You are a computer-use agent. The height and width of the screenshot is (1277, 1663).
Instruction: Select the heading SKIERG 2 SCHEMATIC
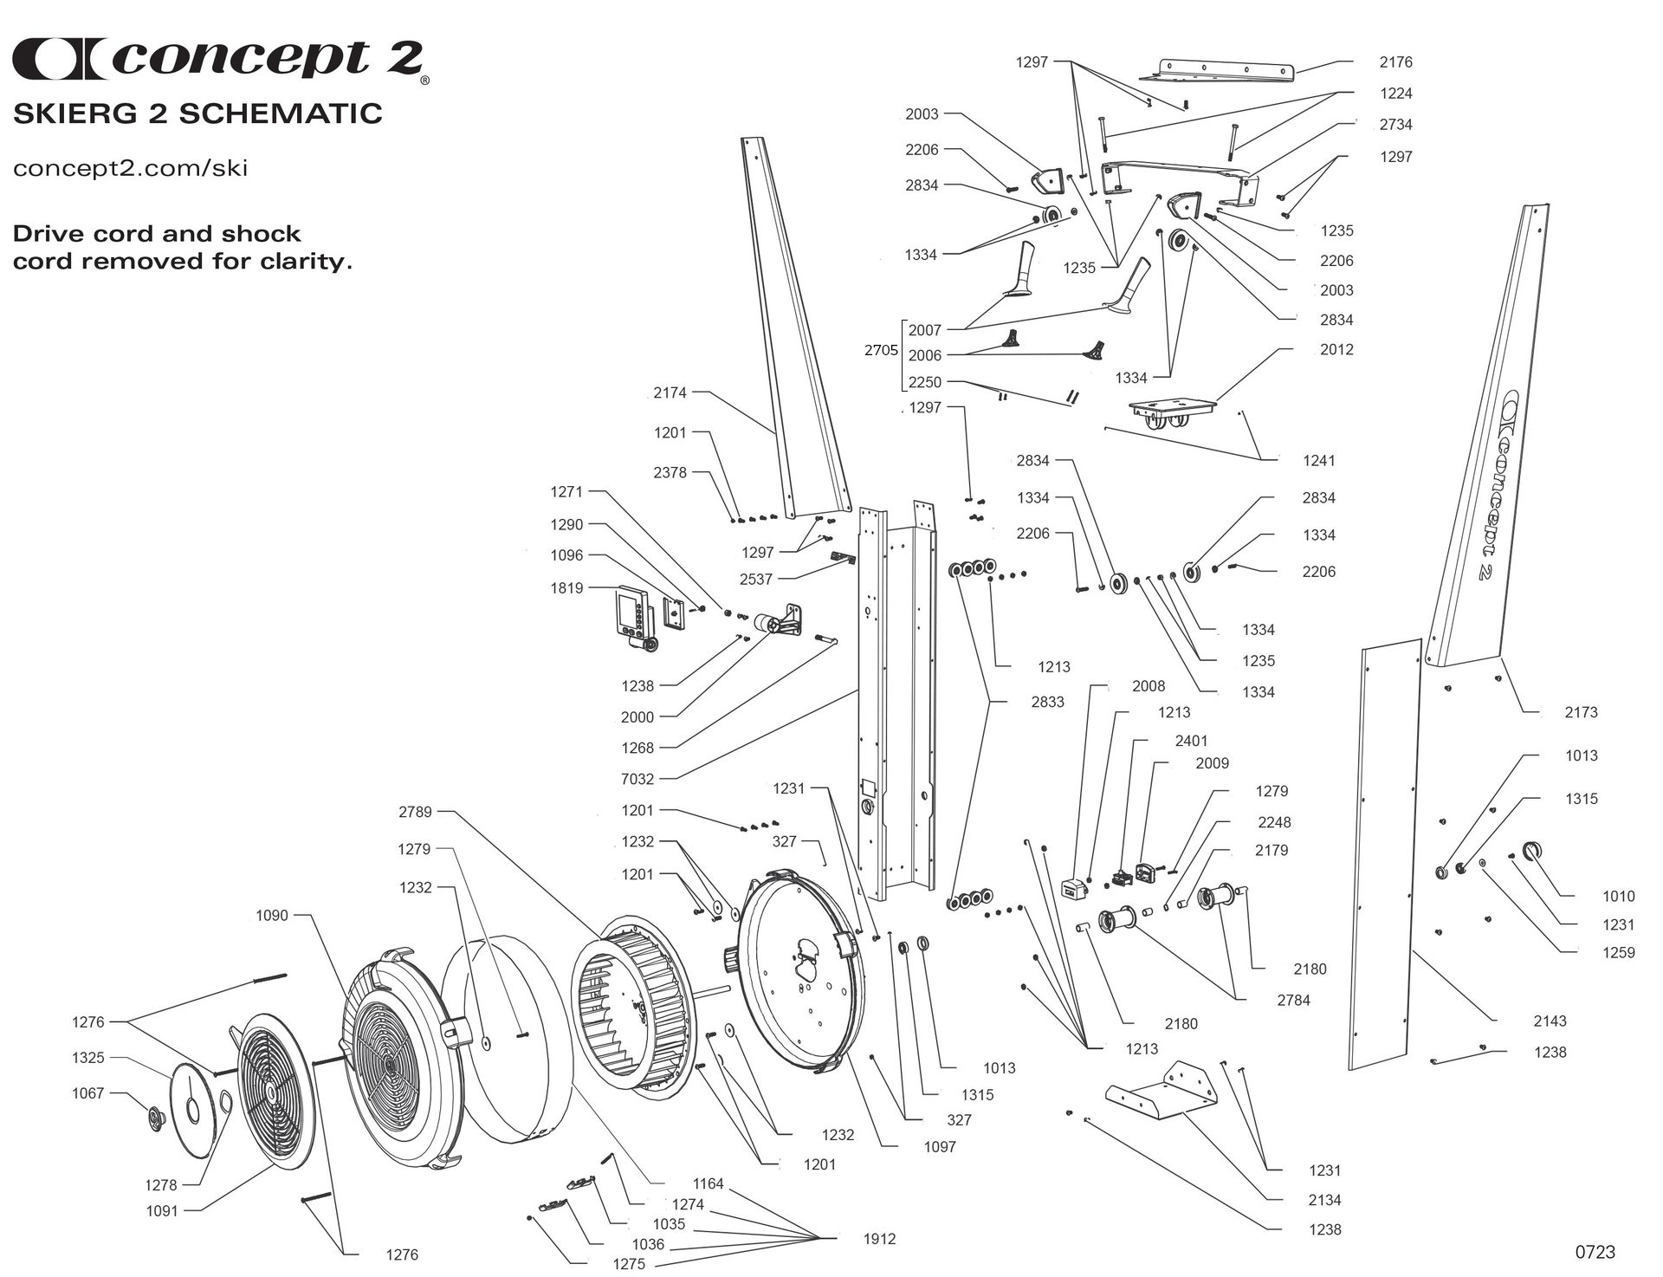197,113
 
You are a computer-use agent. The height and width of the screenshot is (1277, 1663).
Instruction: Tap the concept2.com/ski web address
130,167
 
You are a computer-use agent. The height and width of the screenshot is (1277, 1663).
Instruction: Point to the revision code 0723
1595,1252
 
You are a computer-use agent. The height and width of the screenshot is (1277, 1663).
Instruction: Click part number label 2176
1395,62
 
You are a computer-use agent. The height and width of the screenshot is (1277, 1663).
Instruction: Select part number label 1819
566,587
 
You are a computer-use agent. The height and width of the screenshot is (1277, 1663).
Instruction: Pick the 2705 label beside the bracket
881,350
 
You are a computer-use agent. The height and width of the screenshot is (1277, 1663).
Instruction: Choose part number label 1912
879,1239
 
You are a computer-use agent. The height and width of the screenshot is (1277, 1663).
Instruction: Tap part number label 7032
637,779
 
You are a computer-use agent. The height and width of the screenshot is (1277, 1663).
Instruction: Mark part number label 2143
1550,1021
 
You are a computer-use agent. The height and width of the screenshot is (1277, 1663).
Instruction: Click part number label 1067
87,1092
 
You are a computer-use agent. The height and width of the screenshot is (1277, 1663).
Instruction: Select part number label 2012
1336,349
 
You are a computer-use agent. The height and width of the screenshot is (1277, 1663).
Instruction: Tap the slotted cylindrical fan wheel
631,1005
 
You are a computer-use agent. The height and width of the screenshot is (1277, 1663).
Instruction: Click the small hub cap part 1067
156,1118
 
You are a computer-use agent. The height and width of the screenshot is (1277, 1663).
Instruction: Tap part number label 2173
1581,712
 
